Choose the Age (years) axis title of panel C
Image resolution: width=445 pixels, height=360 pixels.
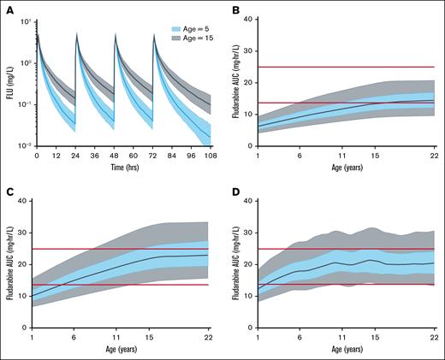click(x=120, y=353)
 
